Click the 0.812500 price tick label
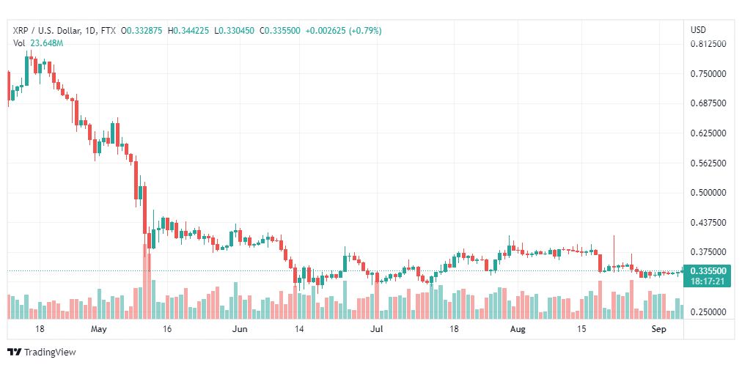(708, 44)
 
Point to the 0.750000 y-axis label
(708, 74)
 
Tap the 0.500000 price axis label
(708, 193)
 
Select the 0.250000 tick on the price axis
(708, 311)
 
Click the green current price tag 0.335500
(708, 271)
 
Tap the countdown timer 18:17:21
(708, 281)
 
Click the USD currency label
(699, 30)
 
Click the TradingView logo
(42, 353)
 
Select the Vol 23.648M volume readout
(38, 43)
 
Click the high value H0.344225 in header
(188, 31)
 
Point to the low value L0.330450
(234, 31)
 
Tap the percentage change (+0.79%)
(365, 31)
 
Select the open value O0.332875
(142, 31)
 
